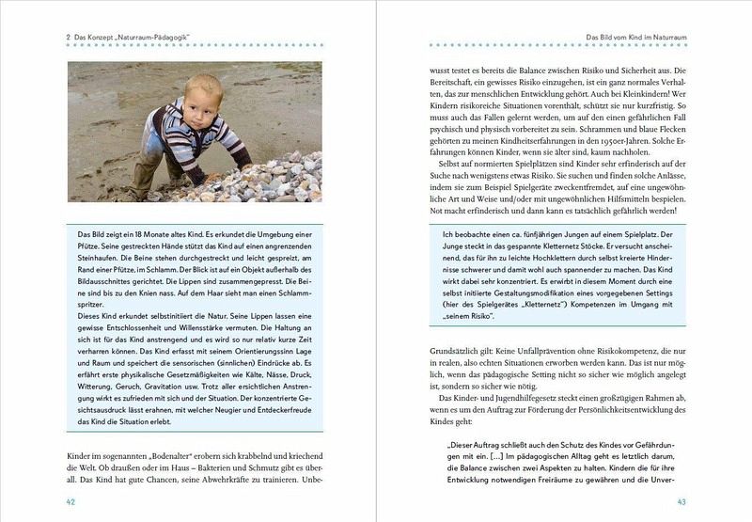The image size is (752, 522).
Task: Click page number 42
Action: pyautogui.click(x=70, y=501)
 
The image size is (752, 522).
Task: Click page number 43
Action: pyautogui.click(x=682, y=501)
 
